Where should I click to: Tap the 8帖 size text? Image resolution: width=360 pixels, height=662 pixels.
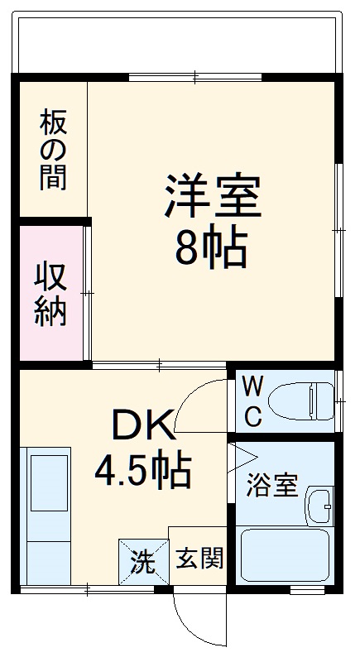211,246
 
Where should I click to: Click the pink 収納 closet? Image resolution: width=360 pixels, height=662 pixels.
50,293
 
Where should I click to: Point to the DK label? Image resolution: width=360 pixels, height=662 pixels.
144,427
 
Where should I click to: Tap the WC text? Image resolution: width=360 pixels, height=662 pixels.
253,401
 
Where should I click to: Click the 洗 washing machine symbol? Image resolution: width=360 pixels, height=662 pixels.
142,563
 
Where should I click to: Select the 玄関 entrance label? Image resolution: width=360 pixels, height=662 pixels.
199,559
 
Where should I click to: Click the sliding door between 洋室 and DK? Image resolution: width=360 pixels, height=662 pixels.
158,364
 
